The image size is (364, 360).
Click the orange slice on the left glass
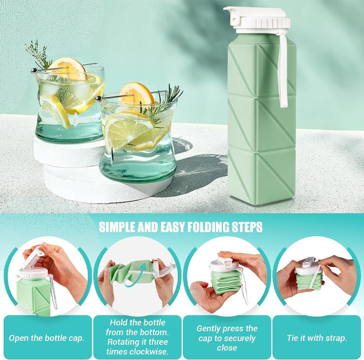(68, 69)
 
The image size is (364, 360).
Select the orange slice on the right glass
(137, 94)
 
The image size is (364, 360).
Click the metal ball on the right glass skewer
(98, 99)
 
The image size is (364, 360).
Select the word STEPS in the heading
(248, 227)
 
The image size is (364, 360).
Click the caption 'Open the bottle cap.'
(46, 338)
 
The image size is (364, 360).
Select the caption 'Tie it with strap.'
(317, 338)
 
